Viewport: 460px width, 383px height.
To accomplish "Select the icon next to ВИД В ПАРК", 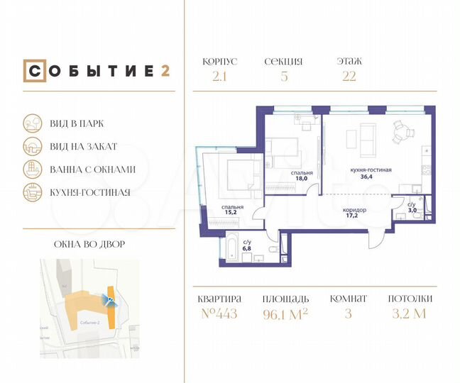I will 32,123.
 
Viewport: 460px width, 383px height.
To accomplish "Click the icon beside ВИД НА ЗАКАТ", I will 32,146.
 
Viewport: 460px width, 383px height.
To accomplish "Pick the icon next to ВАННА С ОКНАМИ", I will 32,169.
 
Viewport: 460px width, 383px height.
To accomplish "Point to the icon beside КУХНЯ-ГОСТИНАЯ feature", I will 32,191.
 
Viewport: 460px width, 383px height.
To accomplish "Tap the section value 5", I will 284,77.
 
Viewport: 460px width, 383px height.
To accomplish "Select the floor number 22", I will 349,77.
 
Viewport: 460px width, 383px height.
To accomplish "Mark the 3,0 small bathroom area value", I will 412,211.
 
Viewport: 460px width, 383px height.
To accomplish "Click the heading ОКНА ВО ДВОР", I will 89,245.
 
